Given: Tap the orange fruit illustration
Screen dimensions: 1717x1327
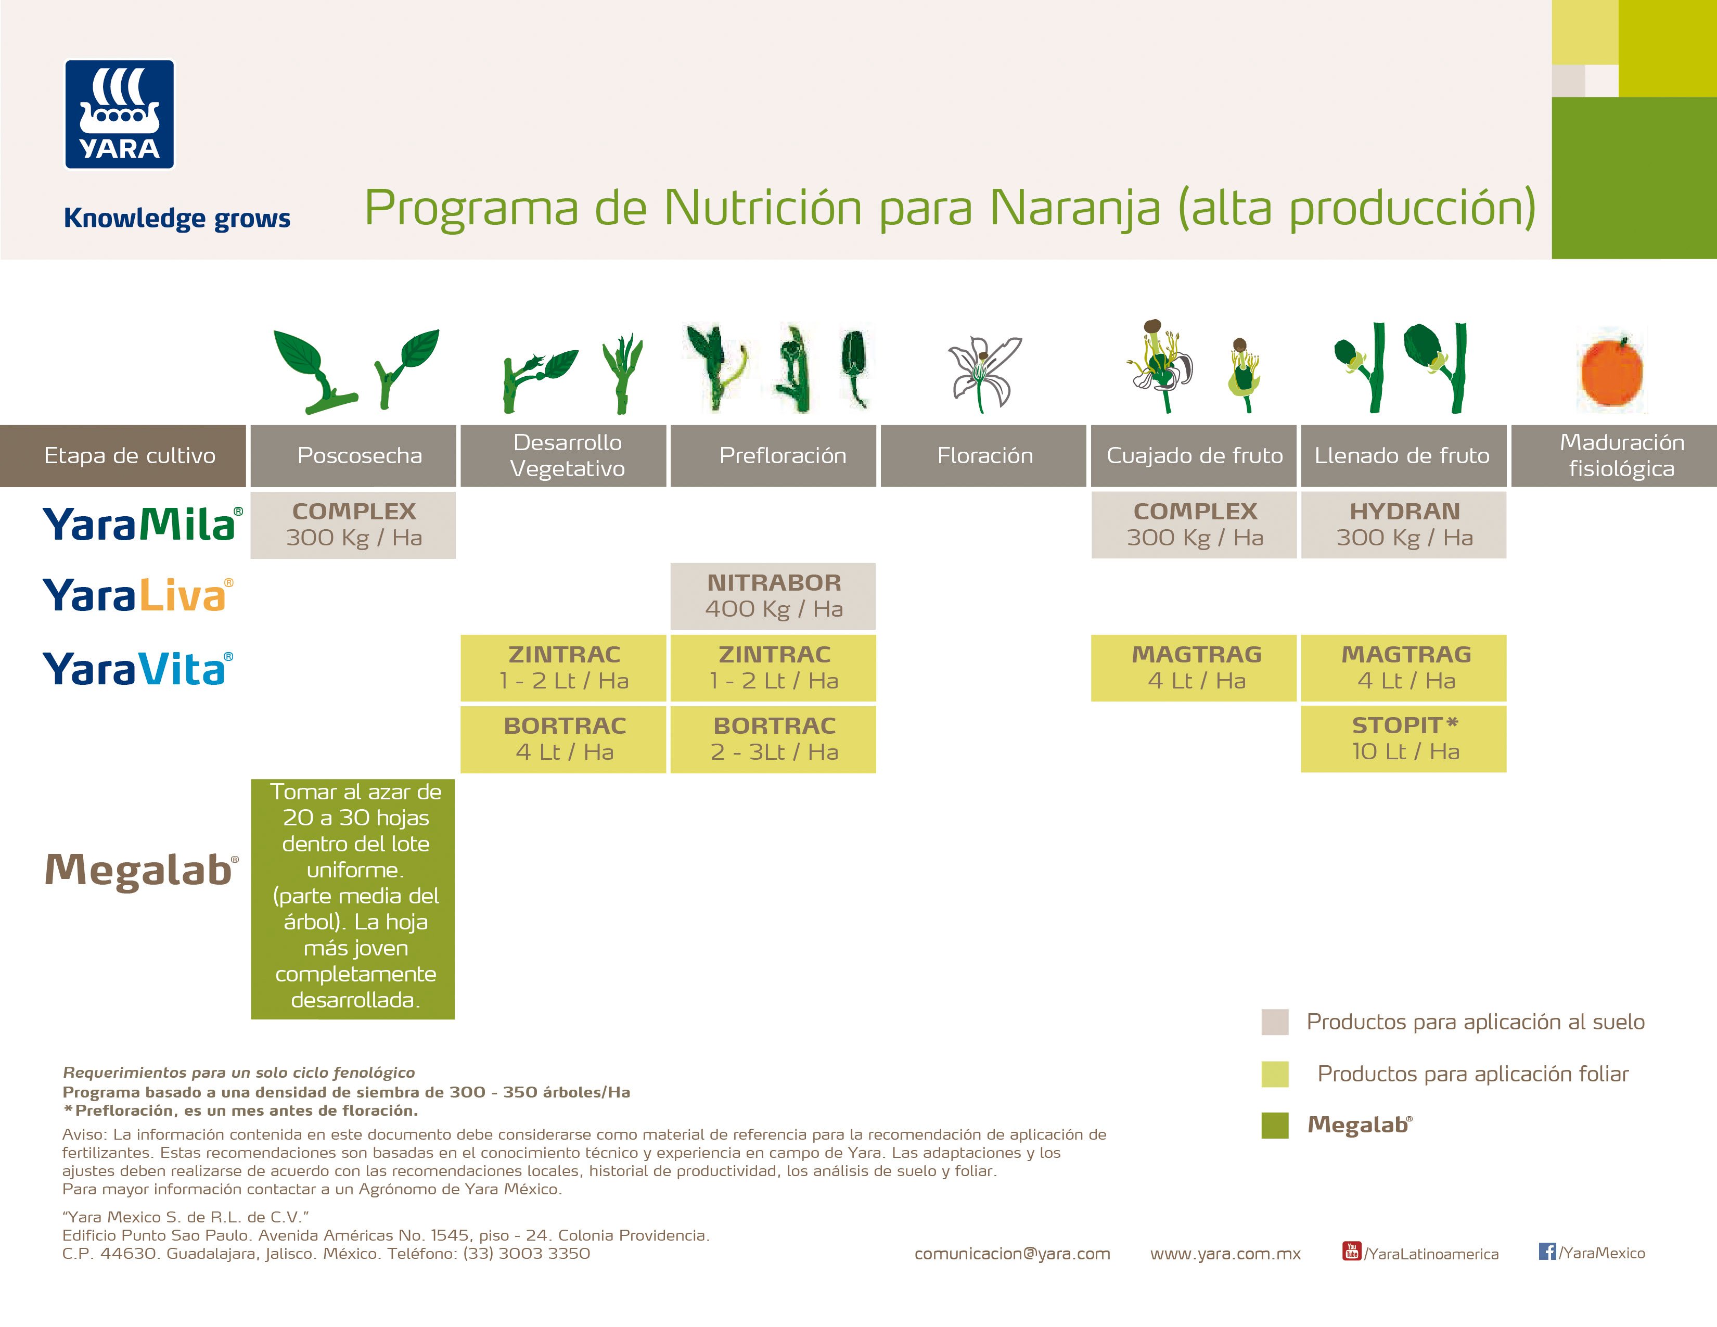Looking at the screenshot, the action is pyautogui.click(x=1612, y=371).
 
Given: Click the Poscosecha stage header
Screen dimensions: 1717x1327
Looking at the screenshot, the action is pyautogui.click(x=353, y=456).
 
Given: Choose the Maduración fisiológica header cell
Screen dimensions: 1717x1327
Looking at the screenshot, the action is pyautogui.click(x=1614, y=456).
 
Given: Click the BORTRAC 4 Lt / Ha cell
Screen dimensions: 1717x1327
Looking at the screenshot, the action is pyautogui.click(x=563, y=739).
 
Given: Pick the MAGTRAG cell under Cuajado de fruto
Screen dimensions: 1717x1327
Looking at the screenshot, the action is pyautogui.click(x=1194, y=668).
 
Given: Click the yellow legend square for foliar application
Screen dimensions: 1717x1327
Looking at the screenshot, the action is pyautogui.click(x=1274, y=1074).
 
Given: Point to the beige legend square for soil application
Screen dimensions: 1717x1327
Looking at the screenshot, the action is pyautogui.click(x=1274, y=1022).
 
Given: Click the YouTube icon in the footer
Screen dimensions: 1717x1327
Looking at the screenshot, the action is pyautogui.click(x=1351, y=1251).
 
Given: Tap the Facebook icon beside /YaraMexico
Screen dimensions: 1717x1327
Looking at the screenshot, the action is pyautogui.click(x=1547, y=1251).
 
